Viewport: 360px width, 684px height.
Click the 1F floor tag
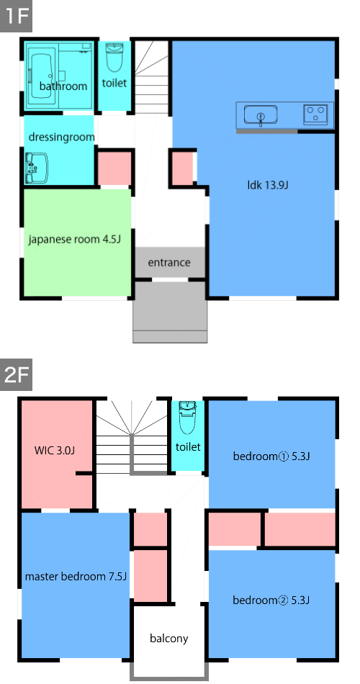(16, 16)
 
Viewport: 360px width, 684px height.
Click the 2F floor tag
(16, 374)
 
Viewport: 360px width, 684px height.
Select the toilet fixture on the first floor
(114, 57)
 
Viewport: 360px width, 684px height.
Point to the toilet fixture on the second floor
(188, 418)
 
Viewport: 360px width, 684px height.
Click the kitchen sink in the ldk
(261, 116)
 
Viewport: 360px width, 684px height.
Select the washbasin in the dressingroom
(37, 168)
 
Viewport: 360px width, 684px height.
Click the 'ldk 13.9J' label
(268, 185)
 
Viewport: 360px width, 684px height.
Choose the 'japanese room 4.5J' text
(75, 240)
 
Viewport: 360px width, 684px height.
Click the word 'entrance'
(169, 262)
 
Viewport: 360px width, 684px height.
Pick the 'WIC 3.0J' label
(55, 450)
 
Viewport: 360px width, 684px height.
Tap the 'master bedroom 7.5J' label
(76, 576)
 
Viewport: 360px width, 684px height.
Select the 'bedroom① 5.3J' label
(271, 456)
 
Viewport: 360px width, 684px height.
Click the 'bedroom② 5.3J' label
(271, 600)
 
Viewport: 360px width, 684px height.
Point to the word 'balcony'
(169, 639)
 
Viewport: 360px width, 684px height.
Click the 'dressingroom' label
(61, 137)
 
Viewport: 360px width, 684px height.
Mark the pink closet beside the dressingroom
(114, 168)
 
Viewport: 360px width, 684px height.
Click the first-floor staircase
(151, 77)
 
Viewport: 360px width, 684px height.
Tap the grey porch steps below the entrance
(170, 312)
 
